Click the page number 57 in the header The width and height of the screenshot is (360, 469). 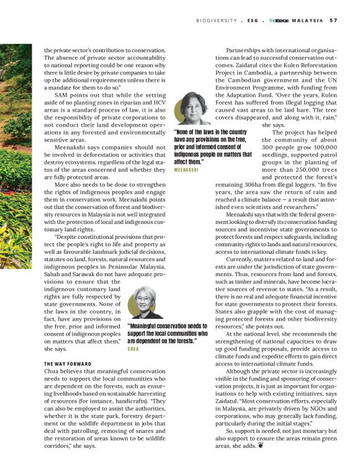point(333,20)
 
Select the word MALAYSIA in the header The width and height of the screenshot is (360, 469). point(307,20)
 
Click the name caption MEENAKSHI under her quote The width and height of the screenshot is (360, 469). point(186,169)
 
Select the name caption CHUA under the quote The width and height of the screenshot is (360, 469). point(133,349)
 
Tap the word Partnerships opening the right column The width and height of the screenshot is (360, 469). point(246,50)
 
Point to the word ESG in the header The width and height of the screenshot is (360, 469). point(253,20)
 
